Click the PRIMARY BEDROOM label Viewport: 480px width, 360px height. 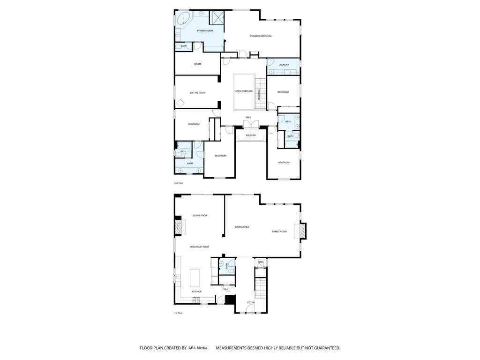pos(261,36)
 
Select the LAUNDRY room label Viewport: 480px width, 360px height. pos(283,65)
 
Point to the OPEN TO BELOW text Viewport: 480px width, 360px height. pos(244,91)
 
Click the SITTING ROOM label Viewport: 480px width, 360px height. pos(197,93)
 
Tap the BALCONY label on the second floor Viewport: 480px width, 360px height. pos(251,135)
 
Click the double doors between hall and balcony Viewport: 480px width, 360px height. pos(251,124)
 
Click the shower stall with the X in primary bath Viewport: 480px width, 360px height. pos(217,18)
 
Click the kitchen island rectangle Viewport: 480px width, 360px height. pos(195,277)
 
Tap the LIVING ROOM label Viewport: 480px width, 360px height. pos(200,216)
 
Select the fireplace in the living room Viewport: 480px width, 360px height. pos(179,228)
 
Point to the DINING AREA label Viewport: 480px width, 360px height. pos(242,227)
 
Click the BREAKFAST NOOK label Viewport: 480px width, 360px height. pos(199,247)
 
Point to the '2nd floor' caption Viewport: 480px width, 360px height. pos(179,183)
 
